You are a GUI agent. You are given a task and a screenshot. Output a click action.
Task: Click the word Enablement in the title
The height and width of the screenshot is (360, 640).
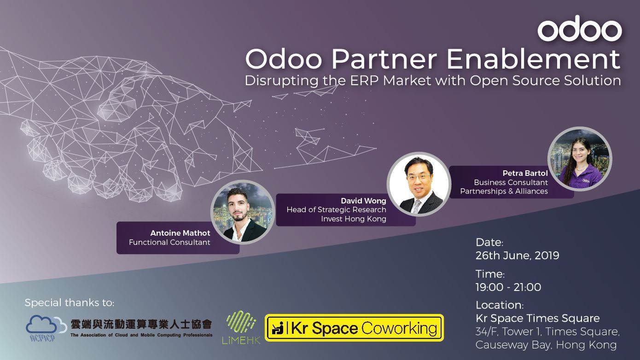(x=534, y=59)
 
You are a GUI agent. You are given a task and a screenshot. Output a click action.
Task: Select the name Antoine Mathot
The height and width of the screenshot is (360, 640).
(x=180, y=233)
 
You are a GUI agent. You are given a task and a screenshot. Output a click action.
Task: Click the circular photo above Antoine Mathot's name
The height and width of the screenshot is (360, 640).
(x=243, y=212)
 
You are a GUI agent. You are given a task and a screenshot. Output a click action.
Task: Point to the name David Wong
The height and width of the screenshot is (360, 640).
(x=363, y=201)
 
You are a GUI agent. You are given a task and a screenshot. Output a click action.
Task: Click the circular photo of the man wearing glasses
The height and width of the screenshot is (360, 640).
(x=419, y=184)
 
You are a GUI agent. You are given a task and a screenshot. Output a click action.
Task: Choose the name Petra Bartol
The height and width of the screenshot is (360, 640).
(x=525, y=173)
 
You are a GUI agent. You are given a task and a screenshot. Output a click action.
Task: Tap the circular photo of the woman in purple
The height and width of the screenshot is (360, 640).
(x=580, y=159)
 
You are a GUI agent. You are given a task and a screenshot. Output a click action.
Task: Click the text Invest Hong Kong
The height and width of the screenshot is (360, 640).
(x=354, y=219)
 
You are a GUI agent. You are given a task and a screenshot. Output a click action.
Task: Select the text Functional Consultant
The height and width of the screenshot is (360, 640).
(x=169, y=242)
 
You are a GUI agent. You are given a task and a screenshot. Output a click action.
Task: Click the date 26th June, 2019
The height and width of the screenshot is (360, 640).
(x=517, y=255)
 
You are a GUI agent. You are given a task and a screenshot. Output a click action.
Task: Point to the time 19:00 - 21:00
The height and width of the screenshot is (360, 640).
(x=508, y=287)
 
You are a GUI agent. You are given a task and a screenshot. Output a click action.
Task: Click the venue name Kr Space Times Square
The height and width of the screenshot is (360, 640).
(x=538, y=318)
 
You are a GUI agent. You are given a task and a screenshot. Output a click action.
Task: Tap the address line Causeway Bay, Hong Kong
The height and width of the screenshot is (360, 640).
(x=546, y=345)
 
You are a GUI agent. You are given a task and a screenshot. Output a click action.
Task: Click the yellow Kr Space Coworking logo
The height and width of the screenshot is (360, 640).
(x=354, y=328)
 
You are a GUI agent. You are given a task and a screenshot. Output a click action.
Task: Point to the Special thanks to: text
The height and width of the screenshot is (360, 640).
(x=70, y=302)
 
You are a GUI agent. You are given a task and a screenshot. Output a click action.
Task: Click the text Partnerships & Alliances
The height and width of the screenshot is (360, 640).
(x=504, y=191)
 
